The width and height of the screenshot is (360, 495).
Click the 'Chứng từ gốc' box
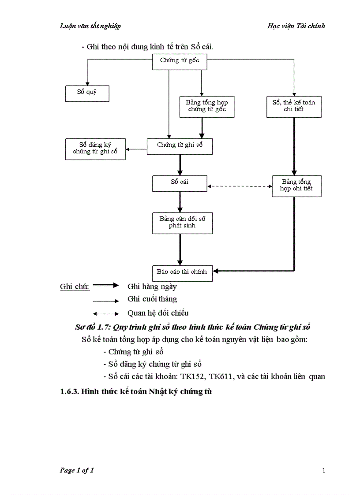[179, 61]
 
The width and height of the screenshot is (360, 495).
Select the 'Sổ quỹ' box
[86, 93]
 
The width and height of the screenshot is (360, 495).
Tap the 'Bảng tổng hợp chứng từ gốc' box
[206, 106]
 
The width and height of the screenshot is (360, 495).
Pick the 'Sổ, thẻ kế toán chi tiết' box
[294, 106]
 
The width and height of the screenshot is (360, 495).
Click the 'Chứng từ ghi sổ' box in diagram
[180, 146]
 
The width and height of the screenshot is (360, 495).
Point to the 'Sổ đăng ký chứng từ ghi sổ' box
[95, 149]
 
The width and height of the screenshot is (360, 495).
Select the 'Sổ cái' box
[179, 183]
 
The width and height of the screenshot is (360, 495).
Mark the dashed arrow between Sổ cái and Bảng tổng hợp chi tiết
[240, 186]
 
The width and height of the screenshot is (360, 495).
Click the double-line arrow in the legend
[106, 286]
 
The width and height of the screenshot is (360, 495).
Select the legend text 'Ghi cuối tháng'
[152, 299]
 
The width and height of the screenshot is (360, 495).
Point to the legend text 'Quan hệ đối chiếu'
[158, 313]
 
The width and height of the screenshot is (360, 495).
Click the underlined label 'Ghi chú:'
[75, 287]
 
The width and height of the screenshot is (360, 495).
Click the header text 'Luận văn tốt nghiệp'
[90, 26]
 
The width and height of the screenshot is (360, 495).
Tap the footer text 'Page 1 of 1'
[77, 470]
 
